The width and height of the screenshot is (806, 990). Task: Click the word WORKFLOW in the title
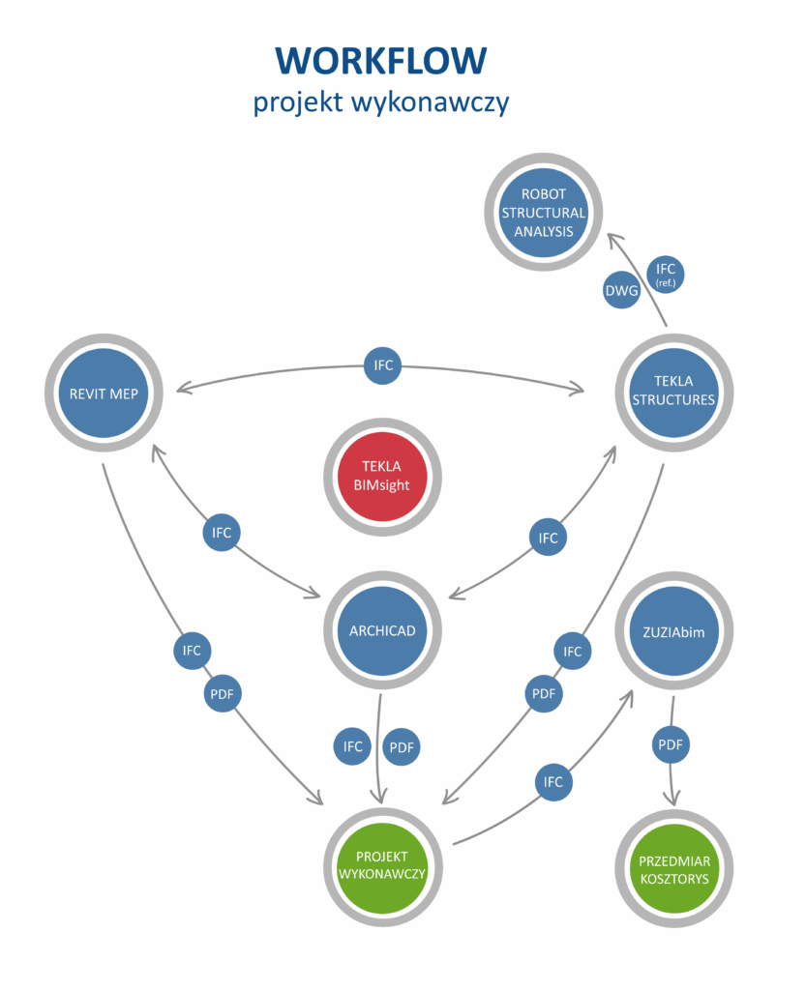coord(381,60)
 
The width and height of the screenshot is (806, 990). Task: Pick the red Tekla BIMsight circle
coord(382,476)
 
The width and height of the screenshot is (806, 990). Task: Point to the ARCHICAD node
coord(381,630)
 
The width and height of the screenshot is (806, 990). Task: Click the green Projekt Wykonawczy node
coord(383,862)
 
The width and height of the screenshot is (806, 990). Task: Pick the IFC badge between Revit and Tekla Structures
coord(381,366)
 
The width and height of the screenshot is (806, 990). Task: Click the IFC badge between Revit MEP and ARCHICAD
coord(222,533)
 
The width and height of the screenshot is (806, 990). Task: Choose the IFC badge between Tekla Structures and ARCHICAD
coord(548,537)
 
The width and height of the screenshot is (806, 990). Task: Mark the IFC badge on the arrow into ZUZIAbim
coord(553,782)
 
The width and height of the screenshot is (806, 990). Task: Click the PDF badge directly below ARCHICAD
coord(403,747)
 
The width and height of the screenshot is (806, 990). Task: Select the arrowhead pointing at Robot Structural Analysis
coord(610,236)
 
